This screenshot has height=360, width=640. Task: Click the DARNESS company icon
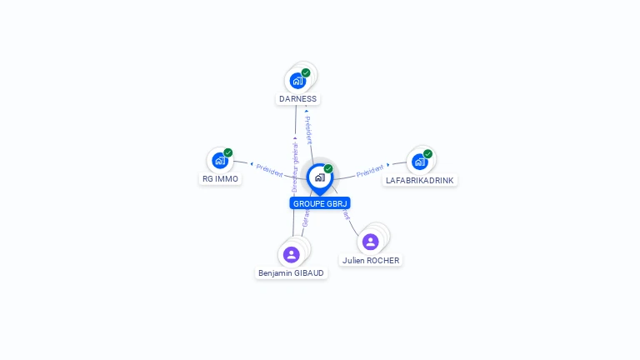click(x=297, y=82)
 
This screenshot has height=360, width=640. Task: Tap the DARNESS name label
click(x=297, y=98)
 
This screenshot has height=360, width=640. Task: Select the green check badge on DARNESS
click(x=306, y=73)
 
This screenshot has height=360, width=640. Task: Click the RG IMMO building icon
click(x=220, y=160)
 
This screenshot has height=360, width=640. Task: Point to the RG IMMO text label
click(x=220, y=178)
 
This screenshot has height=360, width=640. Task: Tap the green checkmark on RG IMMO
click(x=228, y=152)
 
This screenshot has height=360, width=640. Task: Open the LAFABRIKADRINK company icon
click(x=419, y=161)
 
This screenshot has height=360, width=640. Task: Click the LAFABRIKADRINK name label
click(x=420, y=180)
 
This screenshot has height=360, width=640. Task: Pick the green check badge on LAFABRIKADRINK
click(x=427, y=153)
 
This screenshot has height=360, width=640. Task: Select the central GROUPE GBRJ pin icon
click(x=319, y=177)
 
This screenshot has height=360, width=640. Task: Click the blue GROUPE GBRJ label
click(x=320, y=203)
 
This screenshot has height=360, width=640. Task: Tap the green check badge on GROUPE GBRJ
click(x=328, y=169)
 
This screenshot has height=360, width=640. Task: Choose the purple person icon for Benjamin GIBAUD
click(x=291, y=254)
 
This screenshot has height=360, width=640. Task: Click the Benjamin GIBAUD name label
click(x=292, y=272)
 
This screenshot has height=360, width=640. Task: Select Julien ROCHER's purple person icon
click(x=371, y=242)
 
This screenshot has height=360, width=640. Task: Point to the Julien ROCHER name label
click(x=371, y=260)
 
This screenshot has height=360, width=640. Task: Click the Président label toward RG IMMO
click(x=269, y=168)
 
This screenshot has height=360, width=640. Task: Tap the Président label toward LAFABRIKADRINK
click(x=370, y=172)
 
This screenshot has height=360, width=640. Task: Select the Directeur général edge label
click(x=294, y=167)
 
